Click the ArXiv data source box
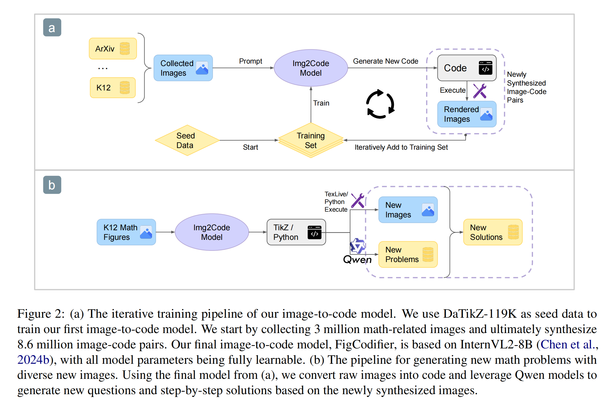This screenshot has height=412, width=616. pos(113,49)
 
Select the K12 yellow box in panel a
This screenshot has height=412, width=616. pos(113,88)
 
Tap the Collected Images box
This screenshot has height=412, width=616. pos(183,68)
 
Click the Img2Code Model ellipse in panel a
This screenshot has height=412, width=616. pos(311,68)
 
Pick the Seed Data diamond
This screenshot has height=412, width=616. pos(187,140)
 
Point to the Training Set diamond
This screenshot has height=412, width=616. pos(311,140)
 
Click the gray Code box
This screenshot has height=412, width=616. pos(466,68)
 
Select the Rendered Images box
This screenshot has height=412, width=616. pos(466,114)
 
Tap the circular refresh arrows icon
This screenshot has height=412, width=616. pos(380,104)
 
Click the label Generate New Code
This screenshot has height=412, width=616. pos(385,61)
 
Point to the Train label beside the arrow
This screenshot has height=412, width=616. pos(321,103)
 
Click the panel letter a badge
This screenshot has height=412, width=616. pos(52,27)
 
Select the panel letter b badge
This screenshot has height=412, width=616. pos(52,185)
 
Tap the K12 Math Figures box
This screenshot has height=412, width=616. pos(126,232)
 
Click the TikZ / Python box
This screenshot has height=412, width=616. pos(296,232)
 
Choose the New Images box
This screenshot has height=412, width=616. pos(408,210)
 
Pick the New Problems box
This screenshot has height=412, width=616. pos(408,254)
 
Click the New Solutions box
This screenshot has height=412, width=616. pos(492,232)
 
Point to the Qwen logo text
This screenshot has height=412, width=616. pos(357,259)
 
